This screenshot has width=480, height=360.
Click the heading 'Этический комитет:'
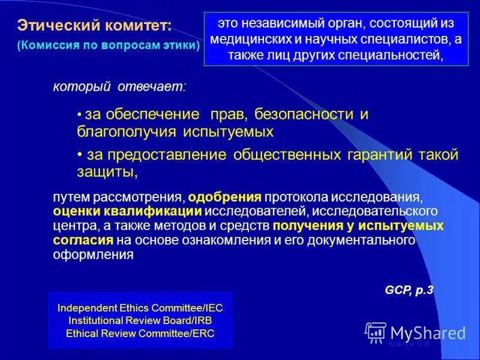click(94, 25)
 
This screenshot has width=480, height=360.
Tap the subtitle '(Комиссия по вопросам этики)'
click(109, 46)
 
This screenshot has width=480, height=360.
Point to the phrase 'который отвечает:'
click(120, 88)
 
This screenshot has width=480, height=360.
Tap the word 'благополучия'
click(124, 130)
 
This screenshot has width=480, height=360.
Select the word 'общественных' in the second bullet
click(287, 155)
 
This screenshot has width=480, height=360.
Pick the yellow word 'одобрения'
click(224, 197)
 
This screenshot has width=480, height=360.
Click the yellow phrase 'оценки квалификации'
click(127, 212)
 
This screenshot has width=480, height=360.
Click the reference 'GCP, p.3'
click(409, 290)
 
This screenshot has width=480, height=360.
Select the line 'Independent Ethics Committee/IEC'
click(140, 308)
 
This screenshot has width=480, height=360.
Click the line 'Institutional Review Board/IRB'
click(140, 320)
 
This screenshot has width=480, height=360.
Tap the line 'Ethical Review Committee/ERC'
click(140, 333)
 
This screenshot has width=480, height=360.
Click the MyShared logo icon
click(376, 332)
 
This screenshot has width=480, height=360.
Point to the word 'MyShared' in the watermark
click(428, 332)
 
